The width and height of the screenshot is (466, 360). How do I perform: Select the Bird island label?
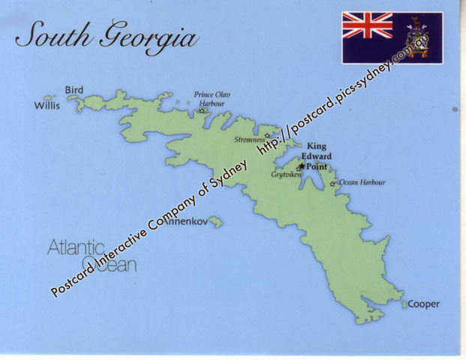(74, 90)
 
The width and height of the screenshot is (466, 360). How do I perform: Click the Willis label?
(47, 106)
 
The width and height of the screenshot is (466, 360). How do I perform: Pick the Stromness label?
(248, 139)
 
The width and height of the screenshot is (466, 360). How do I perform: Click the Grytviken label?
(285, 174)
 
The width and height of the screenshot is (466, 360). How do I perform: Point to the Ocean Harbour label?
(362, 182)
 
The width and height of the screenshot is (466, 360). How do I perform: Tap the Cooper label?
(423, 304)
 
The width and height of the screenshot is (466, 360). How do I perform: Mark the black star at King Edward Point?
(301, 166)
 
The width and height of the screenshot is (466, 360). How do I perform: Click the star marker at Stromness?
(267, 136)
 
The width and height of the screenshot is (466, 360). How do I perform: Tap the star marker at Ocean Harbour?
(332, 183)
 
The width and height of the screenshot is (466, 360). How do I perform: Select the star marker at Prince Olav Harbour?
(202, 111)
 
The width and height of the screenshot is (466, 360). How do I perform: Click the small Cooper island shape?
(404, 304)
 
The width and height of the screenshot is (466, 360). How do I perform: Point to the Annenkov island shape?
(216, 221)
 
